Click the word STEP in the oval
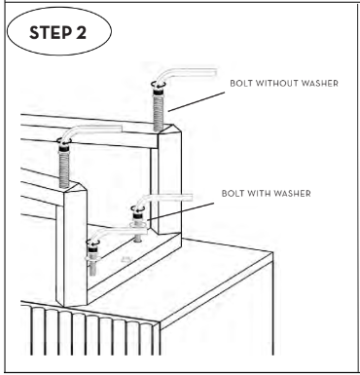tap(51, 33)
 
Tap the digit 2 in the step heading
tap(81, 33)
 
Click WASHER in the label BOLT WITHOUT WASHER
tap(320, 84)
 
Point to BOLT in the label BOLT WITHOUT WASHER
tap(241, 84)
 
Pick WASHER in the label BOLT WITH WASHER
tap(293, 194)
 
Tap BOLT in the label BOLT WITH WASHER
tap(233, 194)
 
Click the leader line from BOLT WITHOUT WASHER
tap(197, 101)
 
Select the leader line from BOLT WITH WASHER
tap(181, 211)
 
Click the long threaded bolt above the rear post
tap(159, 109)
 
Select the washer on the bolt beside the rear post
tap(138, 224)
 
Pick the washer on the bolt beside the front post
tap(92, 258)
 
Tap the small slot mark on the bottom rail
tap(126, 259)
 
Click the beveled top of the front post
tap(75, 188)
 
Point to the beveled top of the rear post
tap(169, 130)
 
